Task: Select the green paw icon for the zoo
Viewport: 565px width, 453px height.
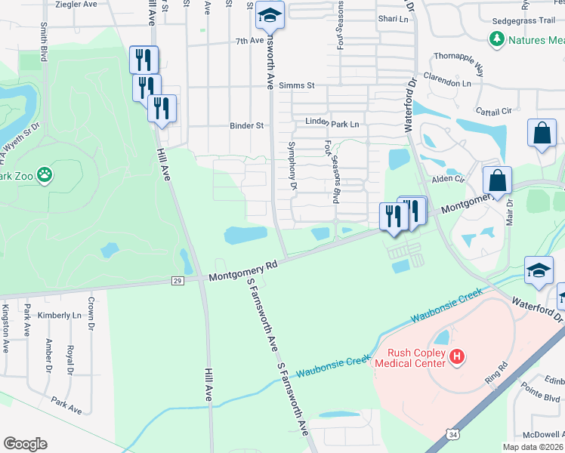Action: pyautogui.click(x=45, y=176)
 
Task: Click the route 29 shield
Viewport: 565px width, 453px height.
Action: pyautogui.click(x=178, y=281)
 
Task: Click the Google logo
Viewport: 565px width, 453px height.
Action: pyautogui.click(x=25, y=443)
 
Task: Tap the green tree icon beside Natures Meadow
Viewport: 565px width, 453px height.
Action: pyautogui.click(x=496, y=39)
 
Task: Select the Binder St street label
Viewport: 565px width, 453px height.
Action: pyautogui.click(x=248, y=125)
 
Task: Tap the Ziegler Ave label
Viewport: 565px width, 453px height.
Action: pyautogui.click(x=77, y=4)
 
